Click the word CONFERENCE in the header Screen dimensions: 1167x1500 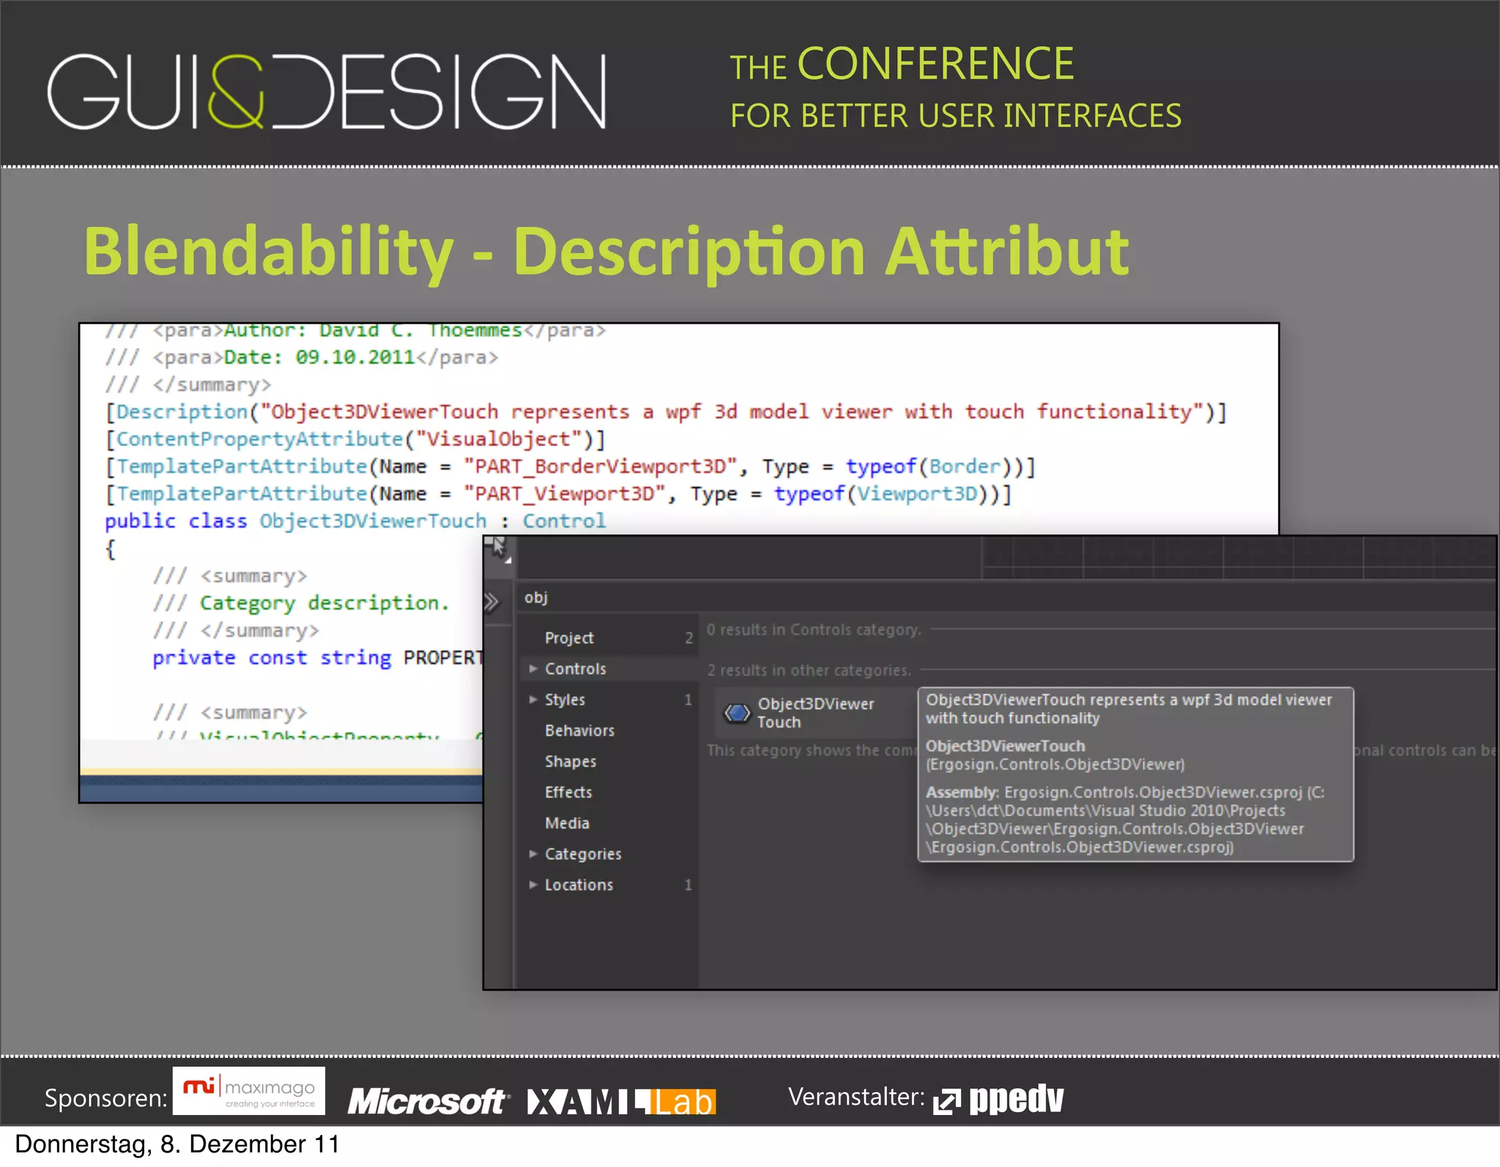coord(935,64)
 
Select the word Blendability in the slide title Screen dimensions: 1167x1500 coord(268,251)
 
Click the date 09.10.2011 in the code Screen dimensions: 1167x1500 coord(354,357)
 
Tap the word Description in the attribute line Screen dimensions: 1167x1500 coord(182,412)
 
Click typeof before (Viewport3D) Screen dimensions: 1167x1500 coord(809,494)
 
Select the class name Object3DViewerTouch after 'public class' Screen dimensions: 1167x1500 coord(372,521)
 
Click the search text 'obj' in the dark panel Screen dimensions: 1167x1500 coord(536,598)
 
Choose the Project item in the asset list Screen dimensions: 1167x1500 coord(568,638)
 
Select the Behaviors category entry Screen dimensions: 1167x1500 coord(579,730)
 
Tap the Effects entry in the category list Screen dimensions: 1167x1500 coord(568,792)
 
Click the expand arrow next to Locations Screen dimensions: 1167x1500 coord(533,884)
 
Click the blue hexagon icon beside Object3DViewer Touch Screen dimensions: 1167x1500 coord(737,713)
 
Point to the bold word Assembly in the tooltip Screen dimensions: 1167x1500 coord(961,792)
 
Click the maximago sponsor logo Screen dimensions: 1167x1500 coord(249,1092)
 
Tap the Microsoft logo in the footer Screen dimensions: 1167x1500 coord(426,1101)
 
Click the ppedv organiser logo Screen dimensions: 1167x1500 coord(999,1099)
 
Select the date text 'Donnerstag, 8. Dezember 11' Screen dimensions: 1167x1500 coord(177,1144)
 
